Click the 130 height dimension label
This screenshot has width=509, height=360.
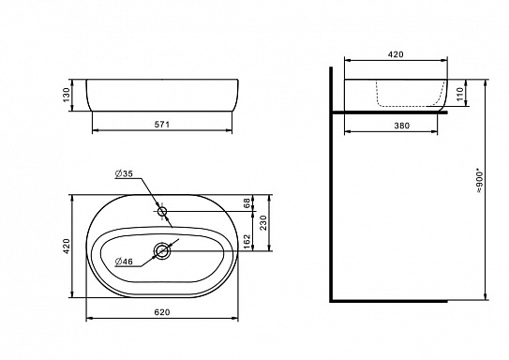[67, 95]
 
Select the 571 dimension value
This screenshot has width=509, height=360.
[161, 125]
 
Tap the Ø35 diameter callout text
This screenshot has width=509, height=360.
[124, 174]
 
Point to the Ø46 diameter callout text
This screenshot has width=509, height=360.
[124, 262]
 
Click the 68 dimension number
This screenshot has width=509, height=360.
[247, 203]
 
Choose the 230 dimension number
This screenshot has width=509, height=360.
[263, 223]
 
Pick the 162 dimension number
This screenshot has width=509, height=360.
[247, 242]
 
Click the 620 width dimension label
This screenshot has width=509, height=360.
[161, 312]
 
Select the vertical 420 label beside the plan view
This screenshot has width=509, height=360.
[67, 246]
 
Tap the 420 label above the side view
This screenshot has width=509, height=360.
[396, 54]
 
